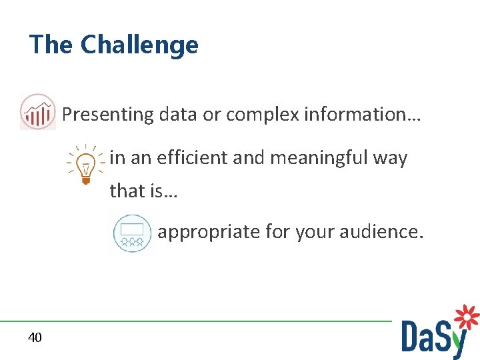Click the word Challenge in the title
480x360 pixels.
coord(139,45)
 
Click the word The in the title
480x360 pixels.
coord(52,45)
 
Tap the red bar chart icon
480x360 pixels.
coord(38,112)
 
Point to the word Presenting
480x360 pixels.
coord(108,115)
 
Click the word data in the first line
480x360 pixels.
coord(179,115)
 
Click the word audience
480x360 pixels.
coord(381,232)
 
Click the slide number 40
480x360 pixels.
coord(35,338)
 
